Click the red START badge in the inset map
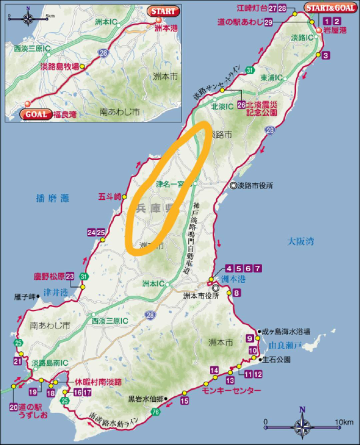pos(163,11)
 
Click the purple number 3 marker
pos(326,55)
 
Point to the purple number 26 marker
pos(241,105)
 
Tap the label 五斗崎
pos(109,197)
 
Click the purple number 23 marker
pos(70,276)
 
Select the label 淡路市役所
pos(255,187)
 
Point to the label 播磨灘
pos(49,199)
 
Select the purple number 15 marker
pos(185,400)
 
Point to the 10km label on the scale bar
pos(344,422)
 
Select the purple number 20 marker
pos(13,407)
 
